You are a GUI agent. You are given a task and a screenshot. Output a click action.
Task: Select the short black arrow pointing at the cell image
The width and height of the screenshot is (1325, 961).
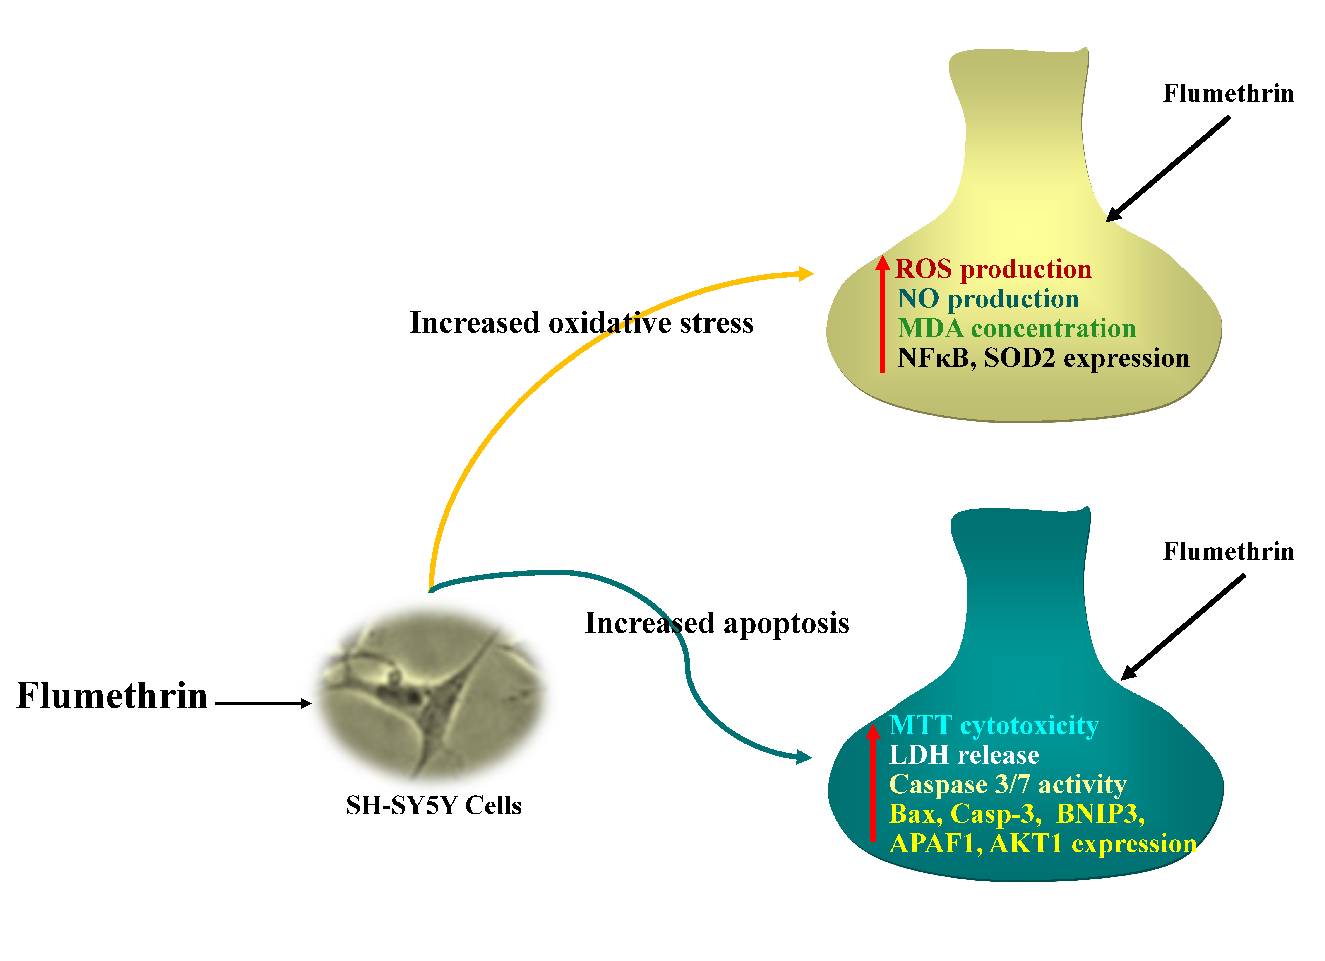point(263,703)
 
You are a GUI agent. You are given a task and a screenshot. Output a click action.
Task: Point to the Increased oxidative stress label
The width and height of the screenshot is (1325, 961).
point(581,323)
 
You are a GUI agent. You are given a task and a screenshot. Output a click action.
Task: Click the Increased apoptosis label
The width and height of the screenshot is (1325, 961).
point(717,623)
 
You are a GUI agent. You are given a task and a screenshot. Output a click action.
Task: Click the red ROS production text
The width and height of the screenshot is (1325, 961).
point(993,269)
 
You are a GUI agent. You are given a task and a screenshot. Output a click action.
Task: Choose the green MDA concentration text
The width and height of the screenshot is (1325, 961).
point(1017,328)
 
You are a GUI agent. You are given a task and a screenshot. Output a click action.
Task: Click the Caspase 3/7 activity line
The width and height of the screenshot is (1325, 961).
point(1008,785)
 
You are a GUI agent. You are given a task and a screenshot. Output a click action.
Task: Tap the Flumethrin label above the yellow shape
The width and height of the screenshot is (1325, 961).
point(1228,94)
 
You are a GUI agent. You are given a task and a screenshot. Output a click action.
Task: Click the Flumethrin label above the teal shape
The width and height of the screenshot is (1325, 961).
point(1228,551)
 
